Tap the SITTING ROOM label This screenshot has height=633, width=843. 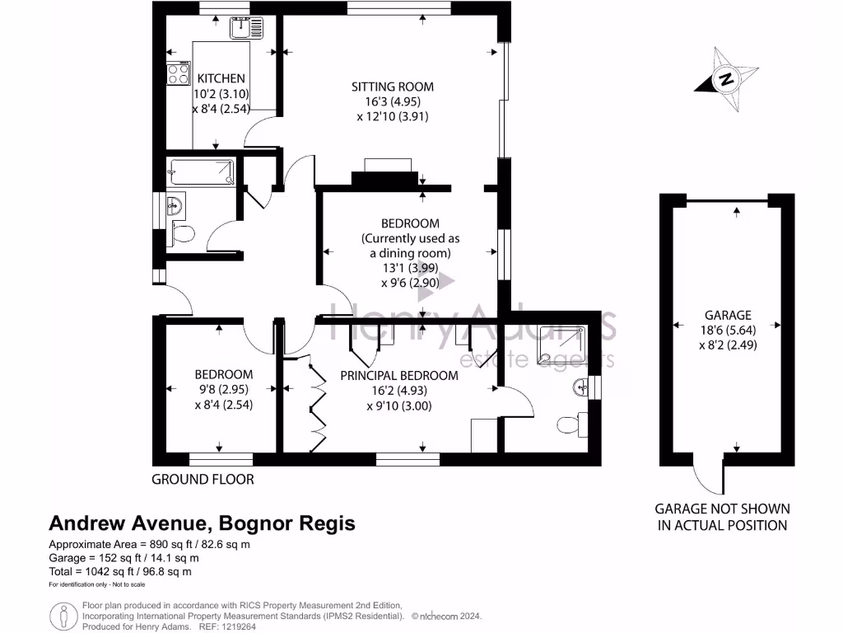point(393,87)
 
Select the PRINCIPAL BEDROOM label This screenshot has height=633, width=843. point(399,375)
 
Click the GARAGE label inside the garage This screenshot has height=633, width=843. point(728,315)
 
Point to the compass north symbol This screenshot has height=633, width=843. point(725,81)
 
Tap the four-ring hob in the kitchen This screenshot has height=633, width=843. point(179,75)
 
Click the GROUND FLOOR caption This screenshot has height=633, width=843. point(203,479)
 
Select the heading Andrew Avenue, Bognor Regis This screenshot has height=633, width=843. point(203,523)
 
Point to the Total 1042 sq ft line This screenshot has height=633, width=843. point(121,571)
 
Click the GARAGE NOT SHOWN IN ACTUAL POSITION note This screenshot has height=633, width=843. point(722,517)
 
